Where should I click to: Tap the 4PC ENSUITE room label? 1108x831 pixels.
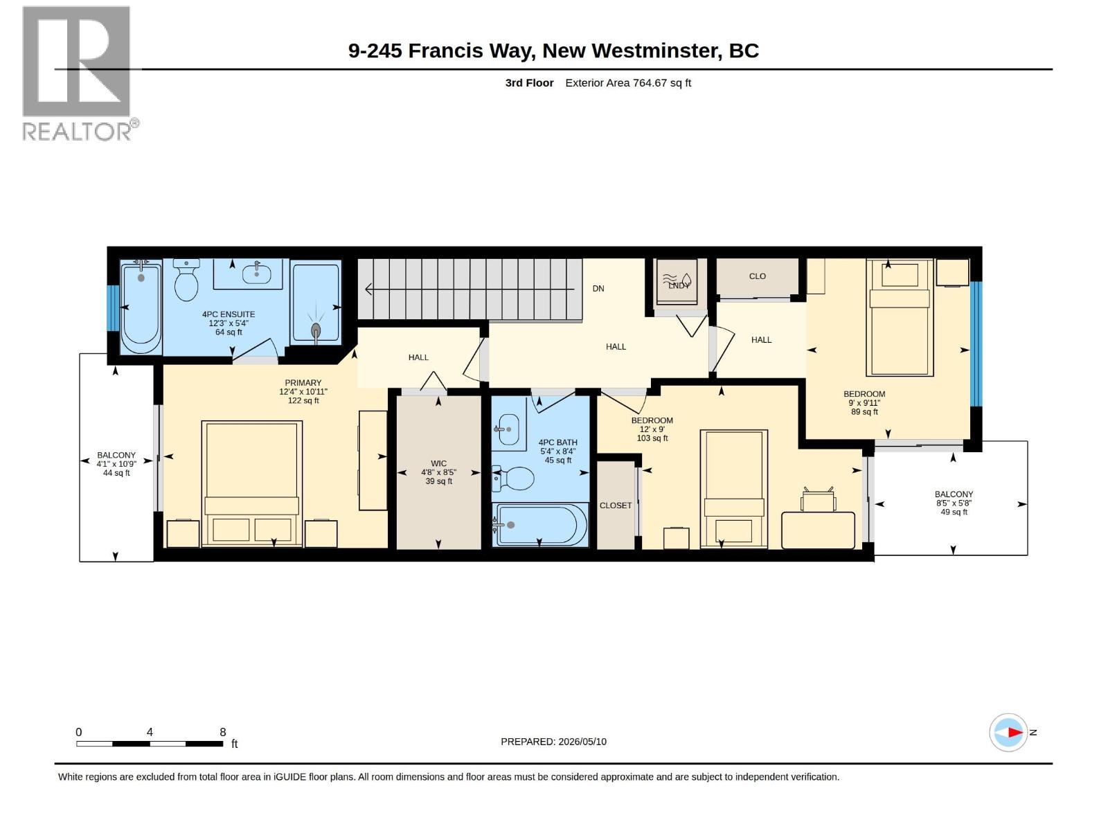pyautogui.click(x=229, y=314)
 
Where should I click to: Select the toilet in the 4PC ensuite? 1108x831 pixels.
pyautogui.click(x=186, y=280)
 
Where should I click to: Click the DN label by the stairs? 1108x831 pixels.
pyautogui.click(x=598, y=289)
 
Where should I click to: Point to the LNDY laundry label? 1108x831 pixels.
pyautogui.click(x=679, y=285)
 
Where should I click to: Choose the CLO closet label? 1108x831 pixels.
pyautogui.click(x=757, y=276)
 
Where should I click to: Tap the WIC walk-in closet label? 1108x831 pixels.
pyautogui.click(x=438, y=463)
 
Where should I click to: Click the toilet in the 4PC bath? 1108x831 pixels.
pyautogui.click(x=513, y=479)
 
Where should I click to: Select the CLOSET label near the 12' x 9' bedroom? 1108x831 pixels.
pyautogui.click(x=616, y=505)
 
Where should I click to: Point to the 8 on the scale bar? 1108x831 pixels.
pyautogui.click(x=222, y=732)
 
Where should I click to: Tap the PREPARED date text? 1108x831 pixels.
pyautogui.click(x=554, y=742)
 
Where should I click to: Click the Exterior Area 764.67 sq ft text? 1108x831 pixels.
pyautogui.click(x=628, y=82)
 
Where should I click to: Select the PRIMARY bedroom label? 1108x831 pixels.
pyautogui.click(x=303, y=383)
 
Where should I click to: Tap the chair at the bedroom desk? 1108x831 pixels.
pyautogui.click(x=818, y=499)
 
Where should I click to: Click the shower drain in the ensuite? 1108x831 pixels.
pyautogui.click(x=316, y=330)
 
